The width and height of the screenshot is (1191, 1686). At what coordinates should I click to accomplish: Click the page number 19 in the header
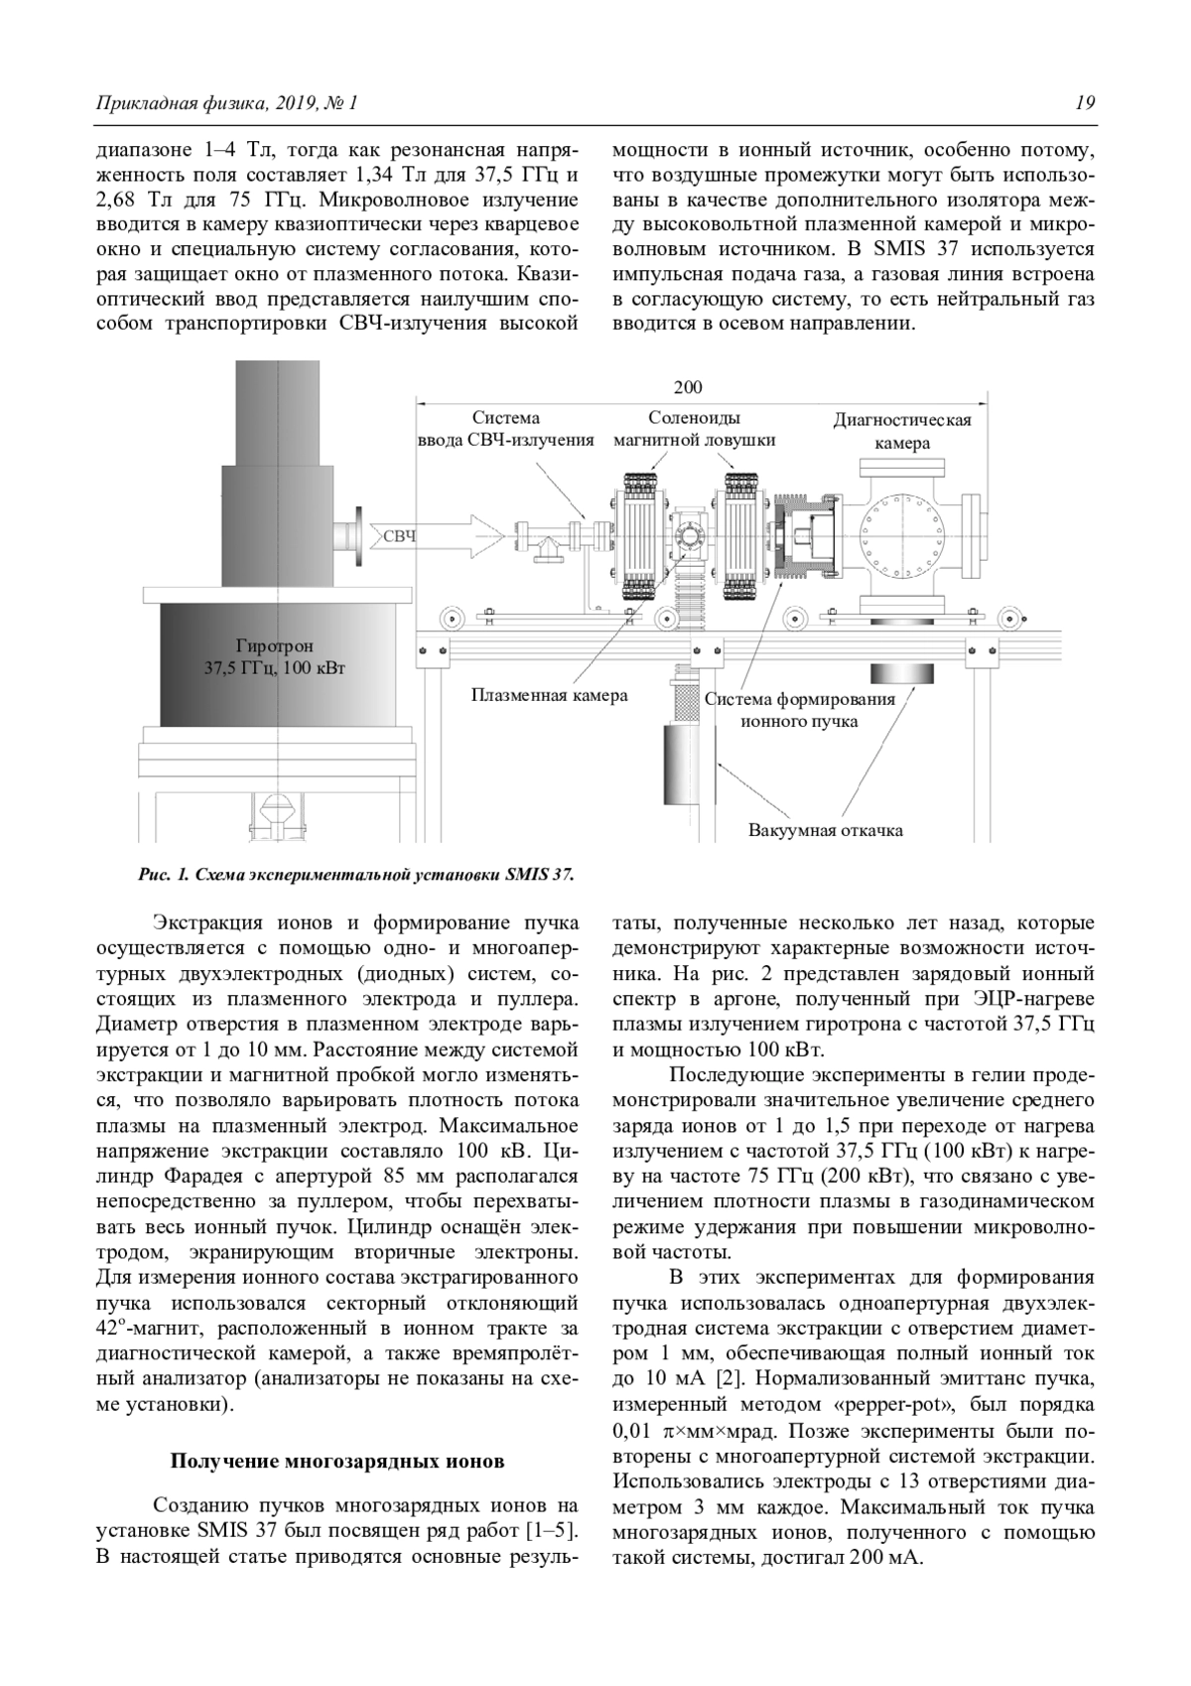[x=1084, y=103]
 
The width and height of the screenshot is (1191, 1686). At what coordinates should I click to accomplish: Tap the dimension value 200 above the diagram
[x=687, y=387]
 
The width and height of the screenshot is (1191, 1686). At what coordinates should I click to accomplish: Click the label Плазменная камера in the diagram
[x=549, y=695]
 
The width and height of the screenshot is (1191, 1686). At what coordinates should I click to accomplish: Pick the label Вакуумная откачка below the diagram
[x=826, y=830]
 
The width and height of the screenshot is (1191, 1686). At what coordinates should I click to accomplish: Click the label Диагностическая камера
[x=901, y=431]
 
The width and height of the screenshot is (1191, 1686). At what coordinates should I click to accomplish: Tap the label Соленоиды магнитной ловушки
[x=694, y=429]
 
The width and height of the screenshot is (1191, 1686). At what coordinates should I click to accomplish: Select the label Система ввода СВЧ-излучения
[x=505, y=429]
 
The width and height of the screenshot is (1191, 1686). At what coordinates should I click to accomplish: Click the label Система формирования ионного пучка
[x=800, y=710]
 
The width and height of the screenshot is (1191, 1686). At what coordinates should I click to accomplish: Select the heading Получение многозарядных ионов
[x=337, y=1462]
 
